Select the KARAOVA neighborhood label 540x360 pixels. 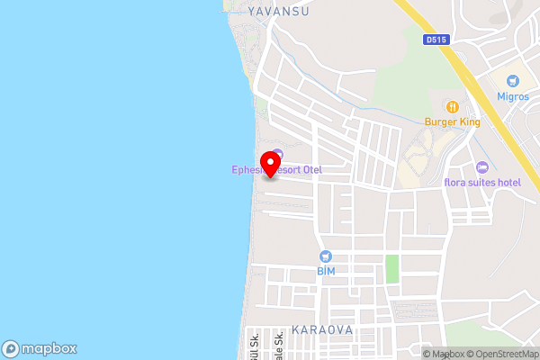(321, 330)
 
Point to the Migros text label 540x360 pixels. (513, 95)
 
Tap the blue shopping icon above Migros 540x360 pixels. (513, 81)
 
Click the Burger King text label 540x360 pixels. (453, 121)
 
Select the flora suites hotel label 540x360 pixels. (482, 183)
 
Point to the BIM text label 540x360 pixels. (326, 270)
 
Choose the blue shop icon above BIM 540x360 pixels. (326, 256)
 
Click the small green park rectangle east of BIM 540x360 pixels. (391, 268)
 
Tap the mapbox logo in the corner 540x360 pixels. (39, 348)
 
